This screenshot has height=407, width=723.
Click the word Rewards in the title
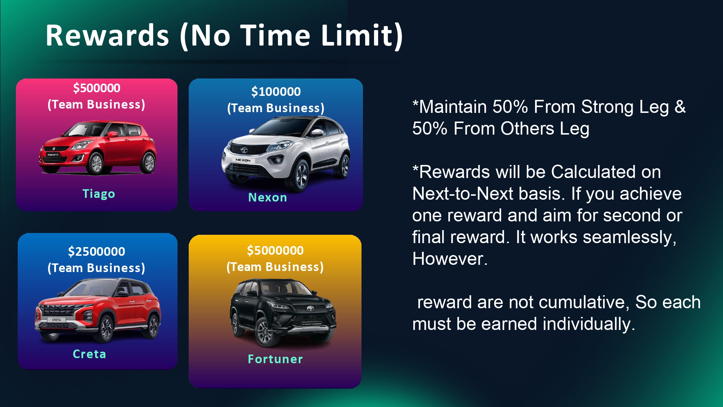pyautogui.click(x=107, y=35)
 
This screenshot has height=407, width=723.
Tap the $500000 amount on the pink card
pyautogui.click(x=97, y=88)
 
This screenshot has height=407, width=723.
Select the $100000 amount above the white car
pyautogui.click(x=276, y=92)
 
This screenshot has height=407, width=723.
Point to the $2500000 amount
pyautogui.click(x=97, y=252)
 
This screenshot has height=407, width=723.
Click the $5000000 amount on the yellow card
pyautogui.click(x=275, y=251)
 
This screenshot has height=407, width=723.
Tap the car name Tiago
pyautogui.click(x=99, y=194)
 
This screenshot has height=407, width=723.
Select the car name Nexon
pyautogui.click(x=268, y=198)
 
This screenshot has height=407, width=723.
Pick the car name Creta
pyautogui.click(x=89, y=354)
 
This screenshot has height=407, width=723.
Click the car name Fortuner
pyautogui.click(x=275, y=359)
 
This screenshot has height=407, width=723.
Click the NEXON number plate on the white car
pyautogui.click(x=243, y=160)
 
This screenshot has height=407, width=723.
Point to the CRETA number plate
pyautogui.click(x=56, y=320)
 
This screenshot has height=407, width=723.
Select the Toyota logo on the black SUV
pyautogui.click(x=310, y=309)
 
